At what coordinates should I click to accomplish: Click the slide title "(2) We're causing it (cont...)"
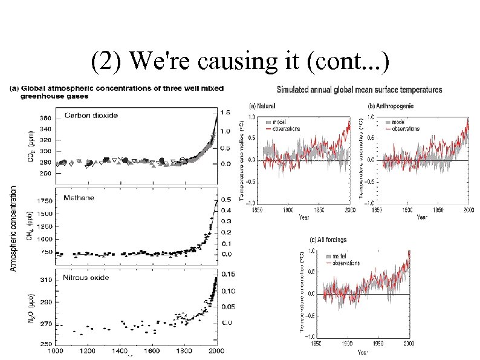click(241, 61)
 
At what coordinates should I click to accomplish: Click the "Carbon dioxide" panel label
click(91, 115)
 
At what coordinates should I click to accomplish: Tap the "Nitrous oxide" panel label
click(87, 278)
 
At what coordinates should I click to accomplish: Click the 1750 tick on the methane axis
click(44, 200)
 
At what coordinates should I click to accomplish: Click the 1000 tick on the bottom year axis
click(55, 350)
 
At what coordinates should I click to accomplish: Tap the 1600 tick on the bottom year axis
click(152, 350)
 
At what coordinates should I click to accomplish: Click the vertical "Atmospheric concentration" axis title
click(13, 228)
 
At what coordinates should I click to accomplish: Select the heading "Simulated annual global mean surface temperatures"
click(359, 90)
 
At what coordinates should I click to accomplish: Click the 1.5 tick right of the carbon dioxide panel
click(225, 113)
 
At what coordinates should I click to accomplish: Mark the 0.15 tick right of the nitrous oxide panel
click(227, 274)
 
